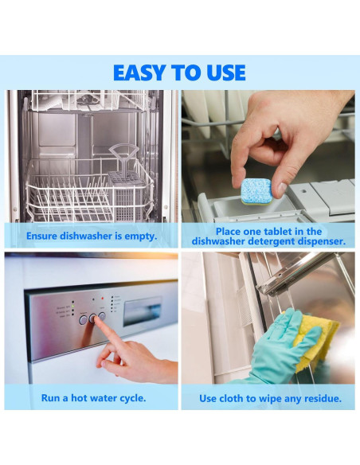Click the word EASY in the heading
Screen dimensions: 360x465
139,72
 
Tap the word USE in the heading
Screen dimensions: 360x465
226,72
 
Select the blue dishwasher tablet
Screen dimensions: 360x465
256,192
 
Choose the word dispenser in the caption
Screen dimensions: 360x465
322,241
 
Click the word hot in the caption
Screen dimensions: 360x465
79,397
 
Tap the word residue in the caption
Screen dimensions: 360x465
323,398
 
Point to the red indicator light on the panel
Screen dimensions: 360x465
103,298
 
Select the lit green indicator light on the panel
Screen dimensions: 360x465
73,306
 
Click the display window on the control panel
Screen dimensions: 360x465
143,311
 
